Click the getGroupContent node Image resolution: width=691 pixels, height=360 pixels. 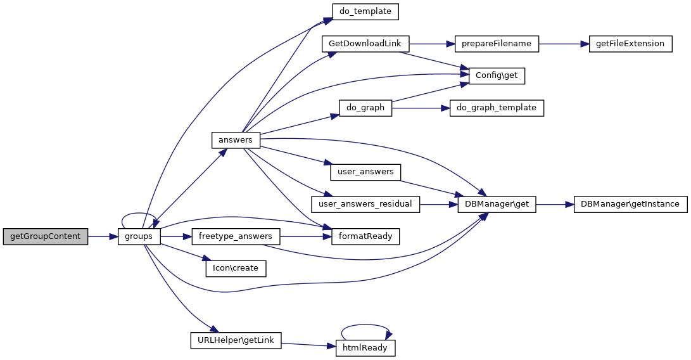tap(46, 236)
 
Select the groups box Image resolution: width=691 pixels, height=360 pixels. tap(139, 236)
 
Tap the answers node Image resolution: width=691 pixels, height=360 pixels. tap(235, 140)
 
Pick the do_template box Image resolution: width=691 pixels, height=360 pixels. tap(365, 11)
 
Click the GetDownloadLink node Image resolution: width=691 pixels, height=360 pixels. tap(365, 44)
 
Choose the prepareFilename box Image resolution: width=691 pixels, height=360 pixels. tap(497, 44)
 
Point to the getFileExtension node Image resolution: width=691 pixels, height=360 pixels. tap(630, 44)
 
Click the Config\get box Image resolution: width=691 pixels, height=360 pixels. tap(497, 75)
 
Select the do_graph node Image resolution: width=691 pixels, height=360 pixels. tap(365, 108)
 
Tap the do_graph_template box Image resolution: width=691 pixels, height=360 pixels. tap(497, 108)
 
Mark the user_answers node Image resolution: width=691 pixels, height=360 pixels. tap(365, 172)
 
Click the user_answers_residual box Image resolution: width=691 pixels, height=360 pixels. tap(365, 204)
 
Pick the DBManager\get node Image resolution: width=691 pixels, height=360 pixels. tap(497, 204)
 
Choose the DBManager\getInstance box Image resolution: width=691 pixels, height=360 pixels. tap(630, 204)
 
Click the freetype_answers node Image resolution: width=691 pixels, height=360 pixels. tap(235, 236)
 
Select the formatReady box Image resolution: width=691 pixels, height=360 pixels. tap(365, 236)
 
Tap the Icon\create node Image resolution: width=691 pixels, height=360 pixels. tap(235, 268)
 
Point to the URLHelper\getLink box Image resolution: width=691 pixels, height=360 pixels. tap(235, 340)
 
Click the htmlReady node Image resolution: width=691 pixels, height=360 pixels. tap(365, 348)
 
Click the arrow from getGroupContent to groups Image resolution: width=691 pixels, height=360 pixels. tap(103, 236)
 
